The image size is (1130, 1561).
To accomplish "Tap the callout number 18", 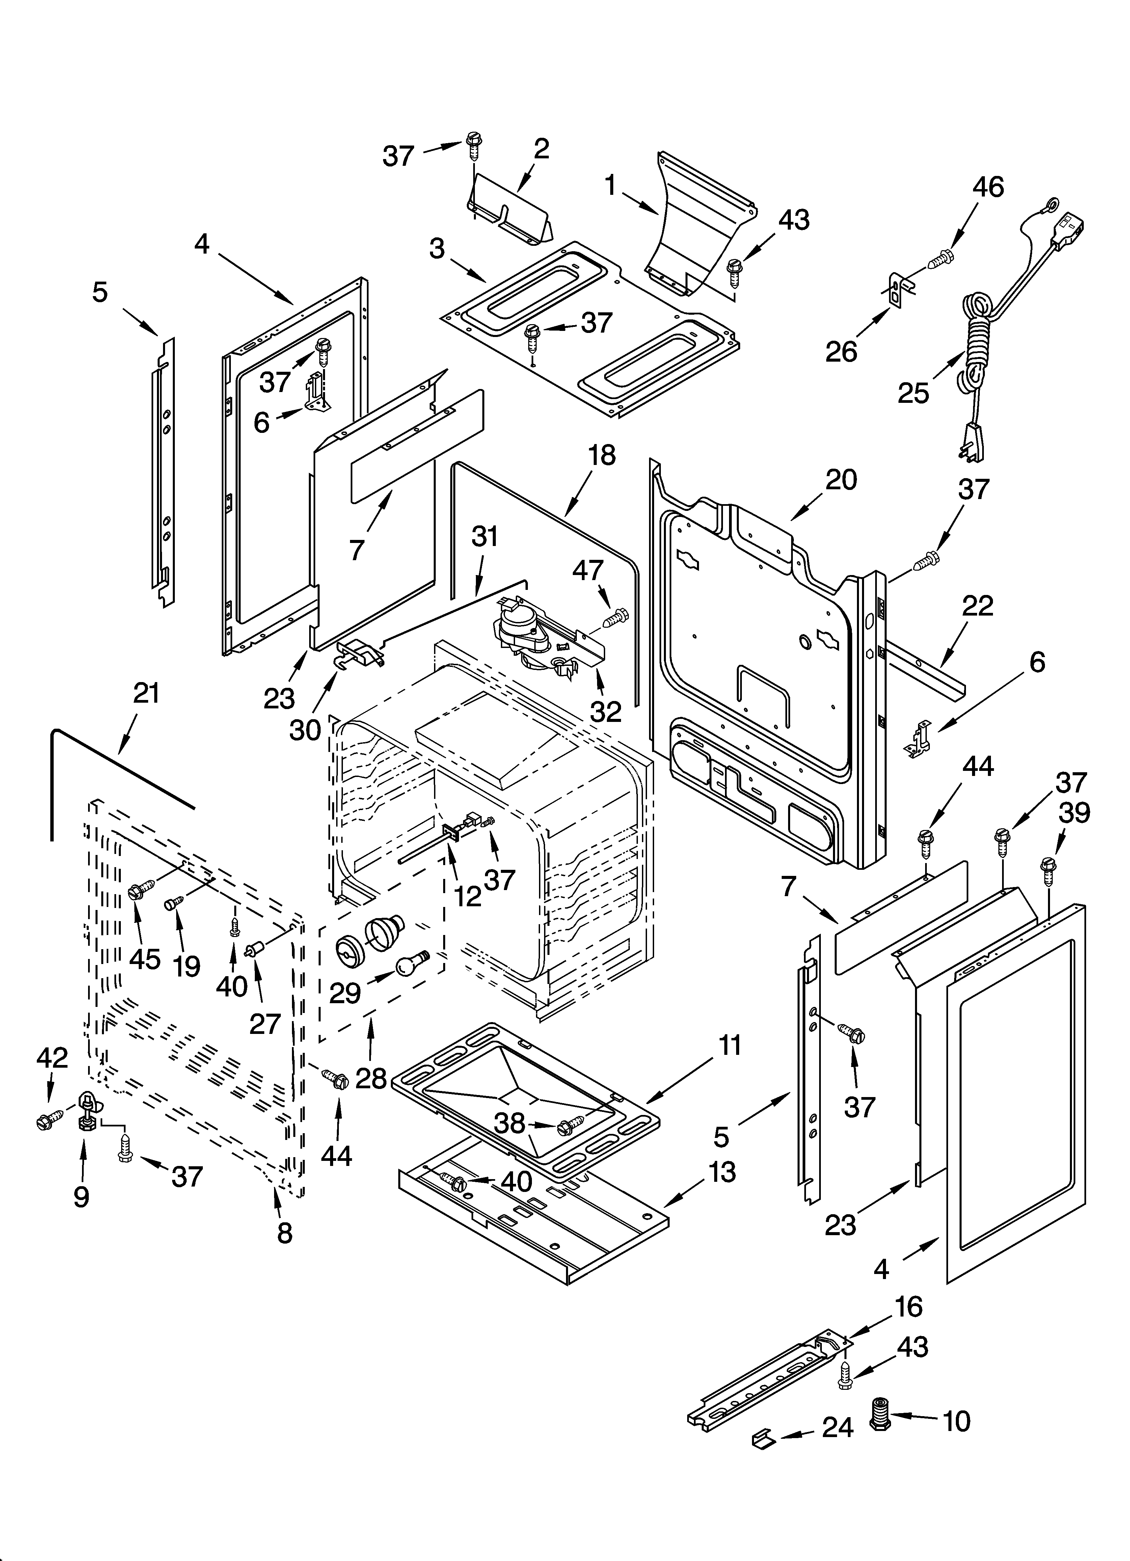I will pos(602,456).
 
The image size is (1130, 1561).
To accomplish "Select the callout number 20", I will pos(841,480).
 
